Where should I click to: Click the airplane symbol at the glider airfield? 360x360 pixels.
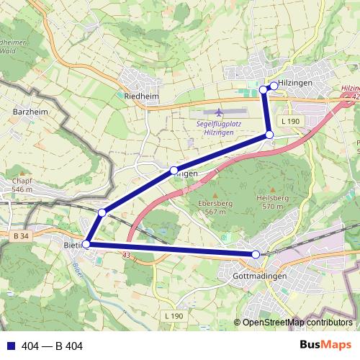point(219,113)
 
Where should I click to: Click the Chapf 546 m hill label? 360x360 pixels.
point(23,185)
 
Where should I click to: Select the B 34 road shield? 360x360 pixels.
point(21,235)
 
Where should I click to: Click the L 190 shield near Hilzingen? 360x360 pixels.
point(290,122)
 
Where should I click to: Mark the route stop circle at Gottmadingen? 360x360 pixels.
point(256,254)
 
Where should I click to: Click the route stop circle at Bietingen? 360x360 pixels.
point(86,244)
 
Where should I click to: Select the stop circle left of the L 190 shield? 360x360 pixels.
point(269,135)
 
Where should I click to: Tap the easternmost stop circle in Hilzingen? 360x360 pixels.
point(274,86)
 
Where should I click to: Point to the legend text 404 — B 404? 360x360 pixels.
point(53,346)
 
